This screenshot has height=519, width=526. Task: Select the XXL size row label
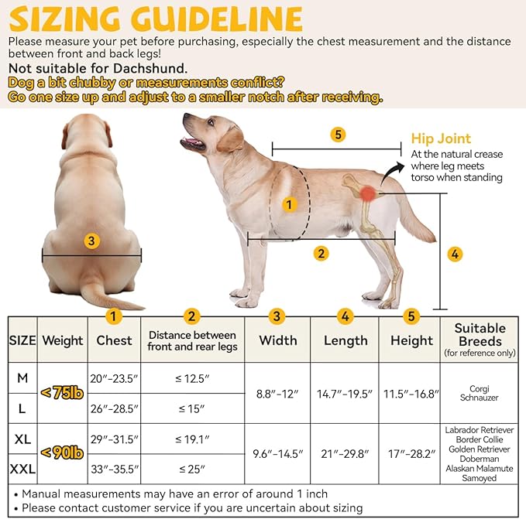[22, 468]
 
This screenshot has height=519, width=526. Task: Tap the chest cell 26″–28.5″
[114, 408]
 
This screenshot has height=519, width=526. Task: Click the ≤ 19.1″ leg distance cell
[192, 439]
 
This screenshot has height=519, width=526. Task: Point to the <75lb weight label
[62, 392]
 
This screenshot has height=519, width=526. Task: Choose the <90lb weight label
[62, 453]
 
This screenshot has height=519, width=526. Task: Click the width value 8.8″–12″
[277, 393]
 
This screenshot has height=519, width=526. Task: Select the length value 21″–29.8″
[345, 453]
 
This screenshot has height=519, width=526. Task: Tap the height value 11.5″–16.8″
[411, 393]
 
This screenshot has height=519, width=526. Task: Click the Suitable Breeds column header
[480, 340]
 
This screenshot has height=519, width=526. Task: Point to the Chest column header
[114, 340]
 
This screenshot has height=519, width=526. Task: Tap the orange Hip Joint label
[441, 139]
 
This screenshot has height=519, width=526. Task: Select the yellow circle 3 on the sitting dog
[91, 241]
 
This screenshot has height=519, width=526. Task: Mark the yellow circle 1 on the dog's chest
[289, 205]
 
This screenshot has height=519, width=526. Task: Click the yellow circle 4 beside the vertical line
[456, 254]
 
